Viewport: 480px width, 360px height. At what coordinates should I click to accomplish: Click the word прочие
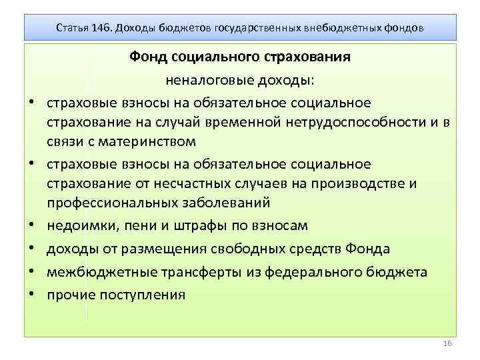pos(70,294)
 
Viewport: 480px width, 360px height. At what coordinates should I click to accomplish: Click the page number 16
pos(447,343)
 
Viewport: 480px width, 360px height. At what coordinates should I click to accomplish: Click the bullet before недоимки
pos(31,226)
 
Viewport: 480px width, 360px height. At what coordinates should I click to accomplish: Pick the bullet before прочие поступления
pos(31,295)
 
